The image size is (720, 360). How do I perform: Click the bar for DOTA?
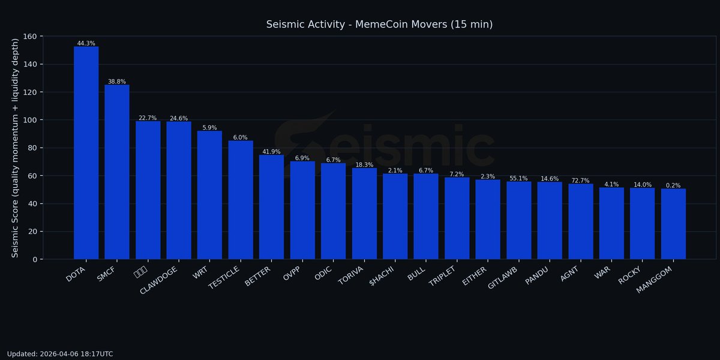tap(86, 153)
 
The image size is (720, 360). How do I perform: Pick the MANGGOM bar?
tap(673, 224)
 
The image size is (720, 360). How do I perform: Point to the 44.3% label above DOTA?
tap(86, 43)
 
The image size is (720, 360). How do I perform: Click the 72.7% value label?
tap(580, 181)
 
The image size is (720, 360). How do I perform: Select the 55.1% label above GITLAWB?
tap(518, 178)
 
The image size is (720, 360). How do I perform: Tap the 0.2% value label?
tap(673, 185)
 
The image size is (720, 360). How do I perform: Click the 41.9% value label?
tap(271, 152)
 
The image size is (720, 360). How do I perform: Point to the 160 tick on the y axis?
tap(29, 37)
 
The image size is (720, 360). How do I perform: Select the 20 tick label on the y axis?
tap(32, 232)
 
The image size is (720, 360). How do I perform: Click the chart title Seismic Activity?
tap(379, 25)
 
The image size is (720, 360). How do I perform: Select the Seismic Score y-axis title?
tap(16, 148)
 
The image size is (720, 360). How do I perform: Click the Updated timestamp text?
tap(60, 354)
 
